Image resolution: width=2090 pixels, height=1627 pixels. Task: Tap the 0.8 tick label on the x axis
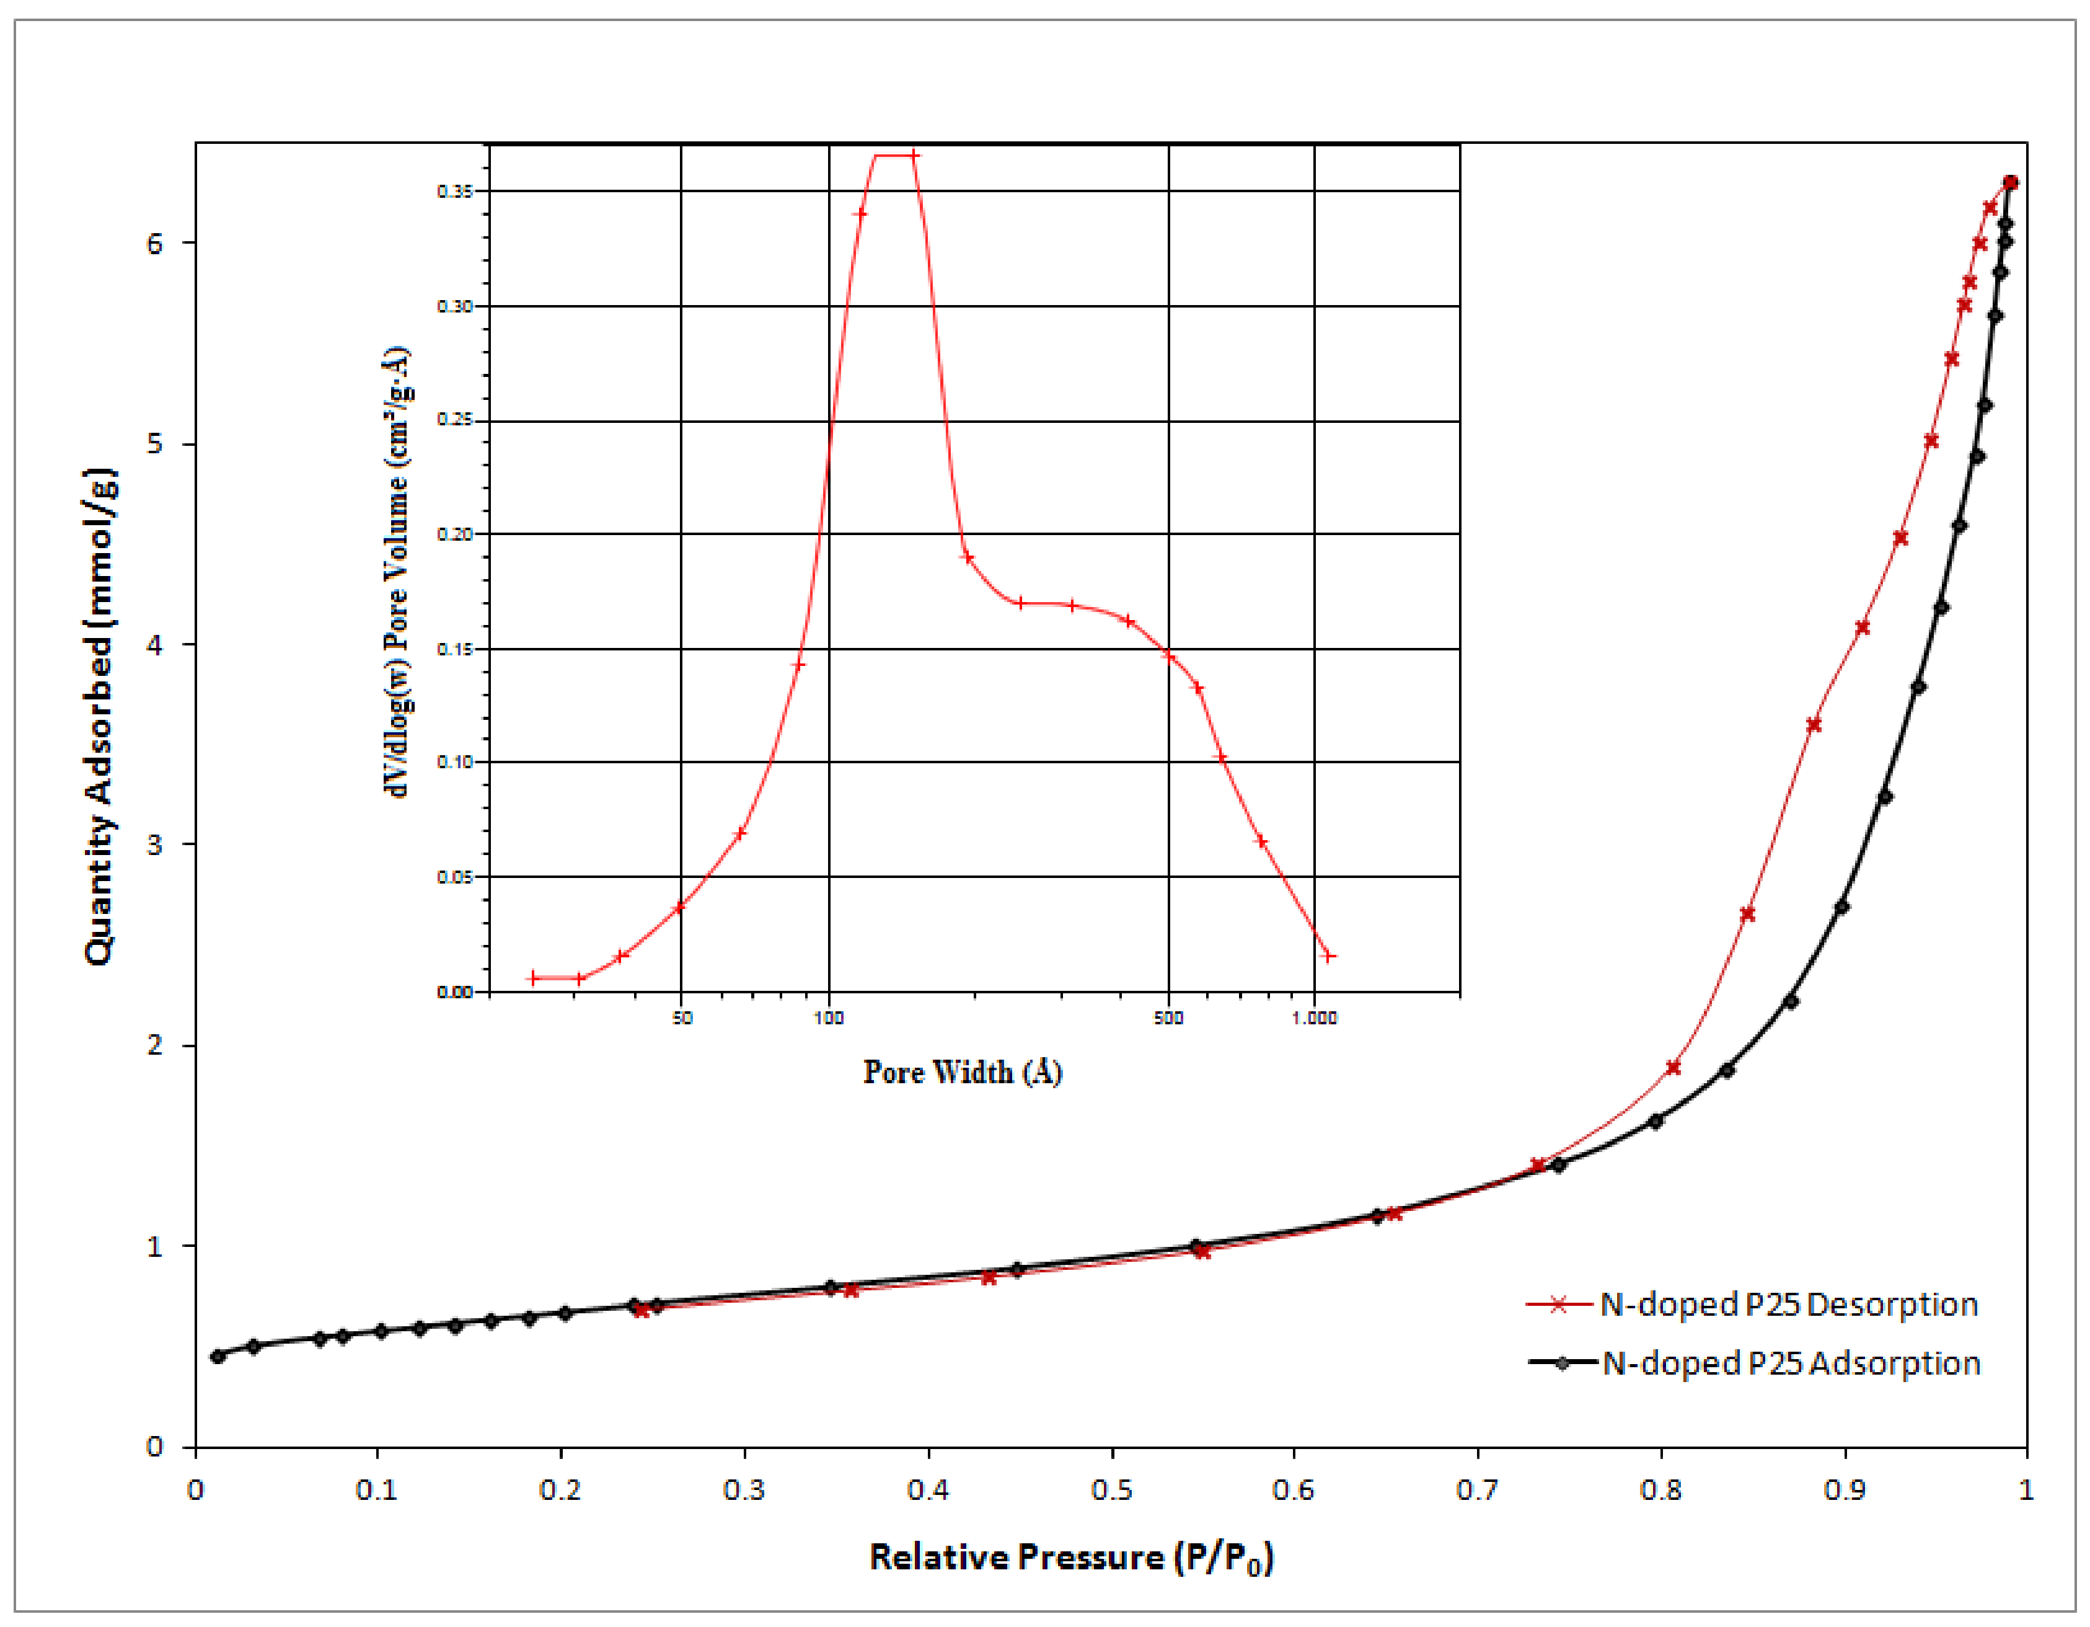point(1660,1490)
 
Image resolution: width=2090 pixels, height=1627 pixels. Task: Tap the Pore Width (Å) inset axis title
point(963,1072)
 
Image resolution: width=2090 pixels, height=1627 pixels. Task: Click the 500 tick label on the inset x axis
point(1168,1017)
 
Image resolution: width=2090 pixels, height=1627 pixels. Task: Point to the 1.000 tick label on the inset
point(1314,1017)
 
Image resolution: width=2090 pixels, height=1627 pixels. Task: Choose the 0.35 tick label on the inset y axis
point(456,192)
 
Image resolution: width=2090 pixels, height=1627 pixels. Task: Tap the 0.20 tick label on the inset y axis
point(456,534)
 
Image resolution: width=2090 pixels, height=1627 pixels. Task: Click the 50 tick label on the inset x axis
point(681,1017)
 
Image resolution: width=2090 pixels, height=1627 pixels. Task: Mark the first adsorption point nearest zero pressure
point(218,1356)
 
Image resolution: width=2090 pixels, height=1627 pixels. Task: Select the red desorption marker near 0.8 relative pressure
point(1673,1067)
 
